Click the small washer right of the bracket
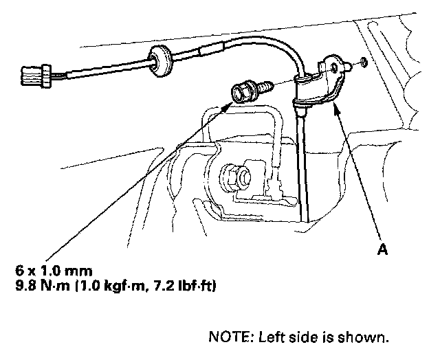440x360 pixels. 362,64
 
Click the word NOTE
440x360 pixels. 227,337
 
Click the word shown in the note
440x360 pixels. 370,337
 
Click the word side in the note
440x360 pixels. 300,337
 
